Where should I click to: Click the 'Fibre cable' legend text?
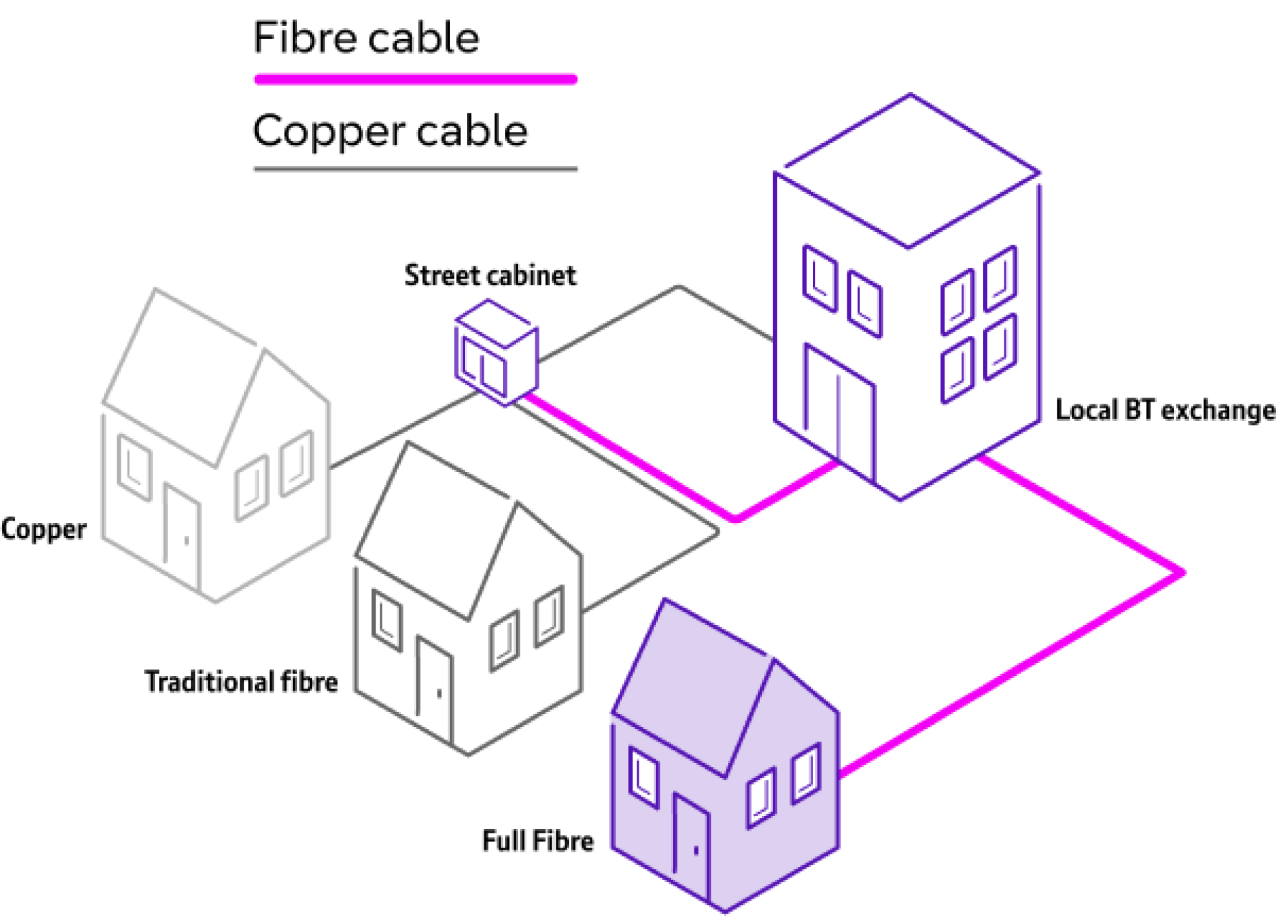366,38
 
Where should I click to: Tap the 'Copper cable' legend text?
390,131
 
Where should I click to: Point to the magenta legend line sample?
415,80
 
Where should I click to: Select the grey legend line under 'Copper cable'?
415,169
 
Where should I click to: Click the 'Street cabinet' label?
490,276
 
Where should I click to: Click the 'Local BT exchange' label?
1165,410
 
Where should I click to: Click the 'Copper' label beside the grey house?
44,529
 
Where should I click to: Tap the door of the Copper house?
181,536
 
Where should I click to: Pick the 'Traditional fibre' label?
241,681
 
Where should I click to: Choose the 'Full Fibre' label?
537,841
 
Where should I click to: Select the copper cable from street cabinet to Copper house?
403,430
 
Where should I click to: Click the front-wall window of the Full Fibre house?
643,778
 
